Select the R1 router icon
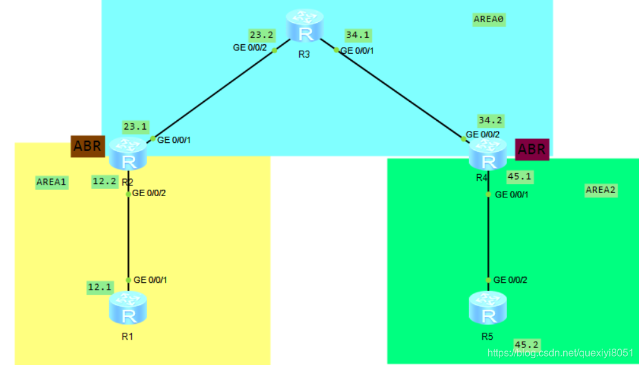[x=128, y=308]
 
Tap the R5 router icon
[x=487, y=308]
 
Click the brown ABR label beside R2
[x=87, y=146]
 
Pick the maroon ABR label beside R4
[x=532, y=149]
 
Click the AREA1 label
[x=52, y=182]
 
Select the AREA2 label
[x=600, y=190]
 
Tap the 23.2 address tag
[x=261, y=35]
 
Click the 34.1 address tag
[x=359, y=35]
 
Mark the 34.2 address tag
[x=491, y=120]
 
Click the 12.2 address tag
[x=104, y=180]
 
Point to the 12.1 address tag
[x=99, y=287]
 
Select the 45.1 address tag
[x=520, y=176]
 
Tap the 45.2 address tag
[x=527, y=344]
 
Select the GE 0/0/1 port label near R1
[x=150, y=280]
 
